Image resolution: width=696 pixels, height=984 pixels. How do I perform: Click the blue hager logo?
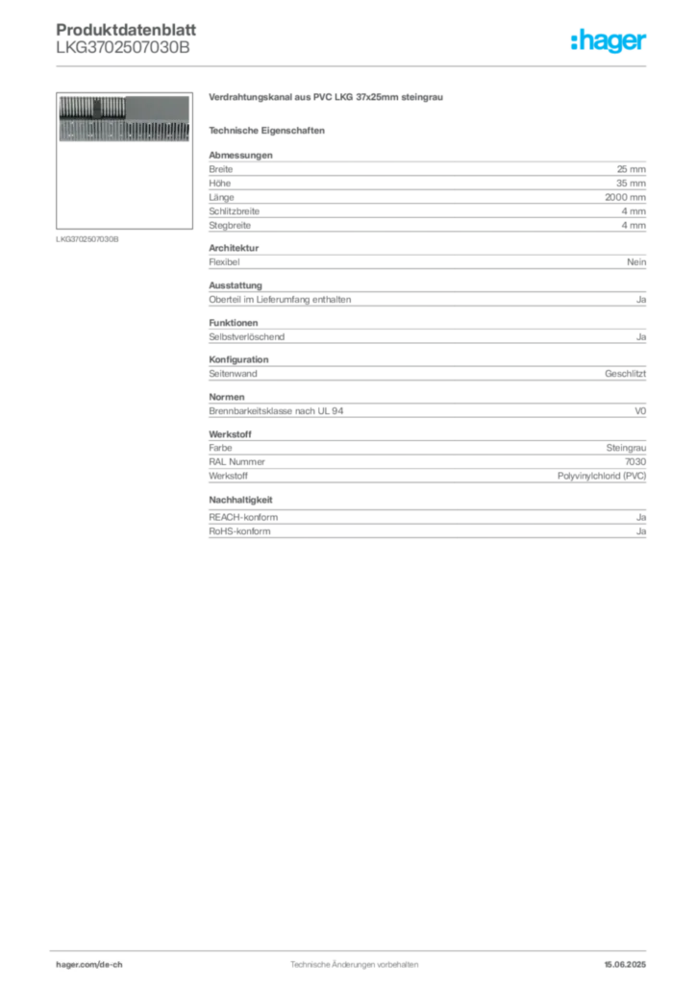pyautogui.click(x=610, y=43)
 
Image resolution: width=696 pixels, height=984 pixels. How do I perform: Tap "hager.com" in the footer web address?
pyautogui.click(x=77, y=963)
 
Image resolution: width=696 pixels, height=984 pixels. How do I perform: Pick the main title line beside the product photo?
pyautogui.click(x=327, y=99)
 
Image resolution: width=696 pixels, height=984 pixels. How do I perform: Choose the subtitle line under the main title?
pyautogui.click(x=269, y=130)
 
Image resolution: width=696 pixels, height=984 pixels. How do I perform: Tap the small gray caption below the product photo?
pyautogui.click(x=88, y=239)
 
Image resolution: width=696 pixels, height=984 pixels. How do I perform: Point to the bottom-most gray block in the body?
pyautogui.click(x=426, y=526)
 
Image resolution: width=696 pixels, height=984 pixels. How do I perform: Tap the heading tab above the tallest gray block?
pyautogui.click(x=241, y=150)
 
